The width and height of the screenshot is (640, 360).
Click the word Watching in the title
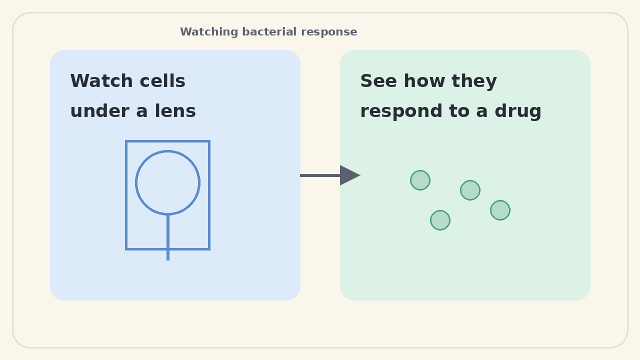(x=209, y=32)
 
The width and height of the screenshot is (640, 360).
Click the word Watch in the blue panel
(x=101, y=81)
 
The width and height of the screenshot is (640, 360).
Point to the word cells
(x=162, y=81)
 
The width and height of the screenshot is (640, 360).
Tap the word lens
(x=175, y=111)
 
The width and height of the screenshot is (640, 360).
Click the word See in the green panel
(x=378, y=81)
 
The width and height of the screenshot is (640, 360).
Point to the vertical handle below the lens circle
(x=168, y=237)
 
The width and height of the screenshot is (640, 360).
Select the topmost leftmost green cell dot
(x=420, y=180)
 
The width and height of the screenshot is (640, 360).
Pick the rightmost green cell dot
(x=500, y=210)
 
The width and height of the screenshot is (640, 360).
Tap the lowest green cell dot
(x=440, y=220)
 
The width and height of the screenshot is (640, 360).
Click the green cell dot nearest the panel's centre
(x=470, y=190)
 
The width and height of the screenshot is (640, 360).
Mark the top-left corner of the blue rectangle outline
(x=126, y=141)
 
